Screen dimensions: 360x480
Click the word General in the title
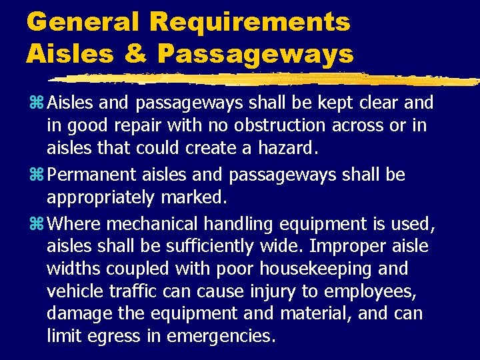tap(83, 21)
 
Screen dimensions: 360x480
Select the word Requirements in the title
tap(250, 21)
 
